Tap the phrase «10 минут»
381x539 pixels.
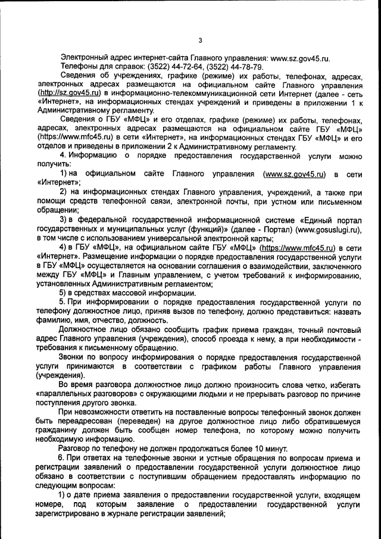[270, 448]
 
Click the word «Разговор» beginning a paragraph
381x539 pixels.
[77, 448]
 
